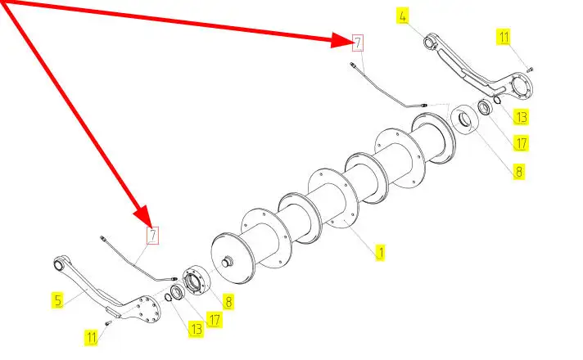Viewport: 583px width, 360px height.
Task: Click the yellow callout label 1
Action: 380,253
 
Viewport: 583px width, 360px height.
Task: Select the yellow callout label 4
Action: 402,16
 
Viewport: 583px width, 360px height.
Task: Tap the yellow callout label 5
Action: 58,300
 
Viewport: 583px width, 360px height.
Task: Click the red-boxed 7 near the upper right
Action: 357,42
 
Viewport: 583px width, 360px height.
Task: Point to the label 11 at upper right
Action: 504,36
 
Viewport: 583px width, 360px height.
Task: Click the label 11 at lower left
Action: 92,336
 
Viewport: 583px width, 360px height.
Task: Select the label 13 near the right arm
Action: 522,117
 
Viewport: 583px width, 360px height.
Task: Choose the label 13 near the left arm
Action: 196,329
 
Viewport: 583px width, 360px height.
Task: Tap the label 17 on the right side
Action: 521,142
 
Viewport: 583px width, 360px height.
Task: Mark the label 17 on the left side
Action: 215,319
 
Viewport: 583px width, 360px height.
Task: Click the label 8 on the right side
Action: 519,171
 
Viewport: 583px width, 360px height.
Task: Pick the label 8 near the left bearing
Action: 228,301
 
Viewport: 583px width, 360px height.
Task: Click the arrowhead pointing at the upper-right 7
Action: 342,38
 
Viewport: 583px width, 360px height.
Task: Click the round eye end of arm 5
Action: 59,263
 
